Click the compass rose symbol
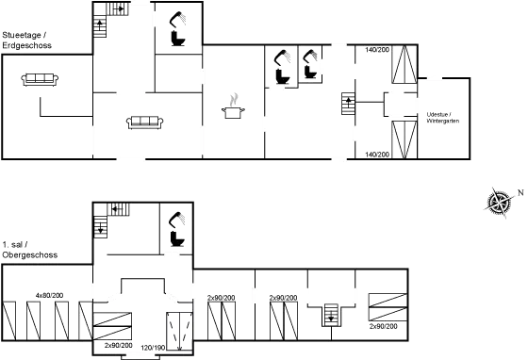pyautogui.click(x=497, y=203)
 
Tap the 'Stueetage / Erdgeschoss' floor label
pyautogui.click(x=26, y=40)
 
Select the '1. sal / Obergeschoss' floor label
pyautogui.click(x=29, y=249)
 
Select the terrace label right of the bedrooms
pyautogui.click(x=442, y=116)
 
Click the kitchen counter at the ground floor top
pyautogui.click(x=116, y=9)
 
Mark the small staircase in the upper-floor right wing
pyautogui.click(x=331, y=313)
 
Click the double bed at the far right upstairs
pyautogui.click(x=386, y=307)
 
